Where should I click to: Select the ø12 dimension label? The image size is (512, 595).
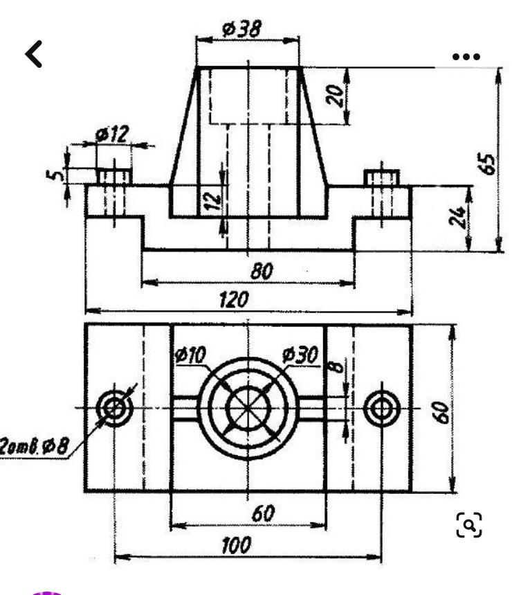pyautogui.click(x=112, y=134)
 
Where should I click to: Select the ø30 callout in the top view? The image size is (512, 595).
pyautogui.click(x=300, y=355)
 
